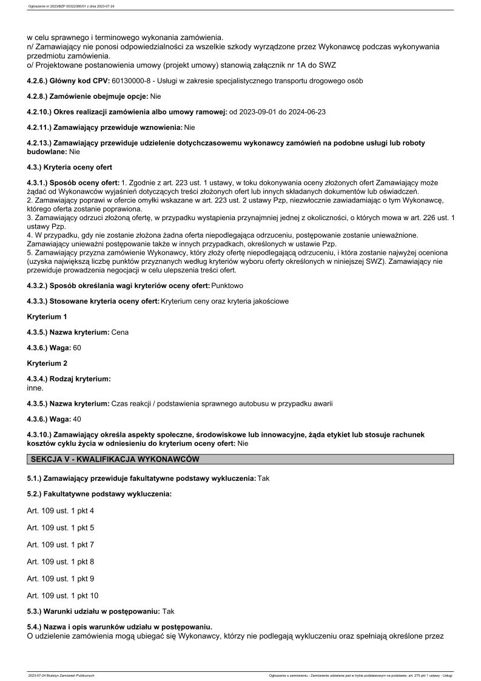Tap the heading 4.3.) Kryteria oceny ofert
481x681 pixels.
click(x=70, y=167)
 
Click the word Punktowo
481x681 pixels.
click(x=230, y=285)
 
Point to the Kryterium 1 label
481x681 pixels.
click(x=47, y=317)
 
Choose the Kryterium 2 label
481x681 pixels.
click(x=47, y=363)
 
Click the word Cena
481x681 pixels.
click(x=120, y=332)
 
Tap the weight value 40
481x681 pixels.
click(x=77, y=419)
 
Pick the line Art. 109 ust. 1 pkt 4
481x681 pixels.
click(x=61, y=511)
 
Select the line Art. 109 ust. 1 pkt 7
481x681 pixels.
click(x=61, y=545)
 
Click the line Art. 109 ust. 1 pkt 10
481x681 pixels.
click(x=63, y=595)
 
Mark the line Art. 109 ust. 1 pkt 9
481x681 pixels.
click(x=61, y=579)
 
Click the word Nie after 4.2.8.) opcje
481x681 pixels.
click(x=155, y=96)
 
